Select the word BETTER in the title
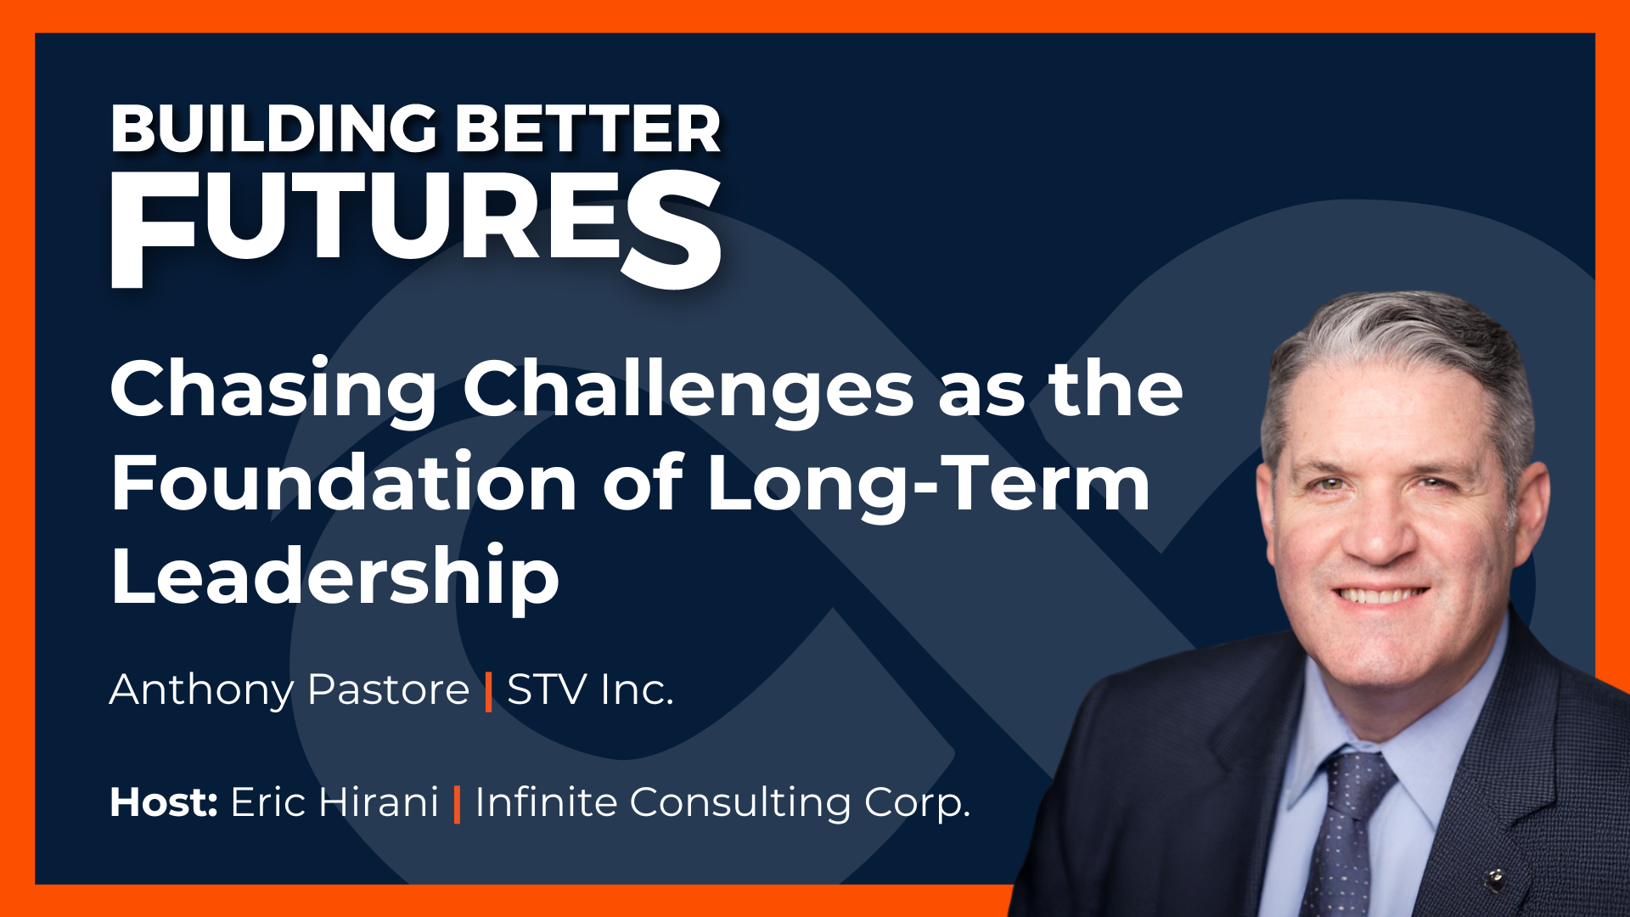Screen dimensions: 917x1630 coord(587,130)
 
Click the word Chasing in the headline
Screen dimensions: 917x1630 coord(273,390)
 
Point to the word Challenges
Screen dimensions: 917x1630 coord(688,390)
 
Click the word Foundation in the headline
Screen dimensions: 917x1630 coord(344,483)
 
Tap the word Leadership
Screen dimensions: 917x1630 coord(334,577)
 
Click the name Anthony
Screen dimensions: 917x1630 coord(202,689)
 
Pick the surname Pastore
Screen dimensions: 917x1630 coord(388,689)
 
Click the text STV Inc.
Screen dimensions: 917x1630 coord(590,689)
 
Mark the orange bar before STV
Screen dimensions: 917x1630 coord(488,691)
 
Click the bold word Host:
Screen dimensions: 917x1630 coord(164,802)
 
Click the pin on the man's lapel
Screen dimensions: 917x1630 coord(1497,876)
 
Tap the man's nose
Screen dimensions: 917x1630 coord(1382,531)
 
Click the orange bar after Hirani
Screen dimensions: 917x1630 coord(458,804)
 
